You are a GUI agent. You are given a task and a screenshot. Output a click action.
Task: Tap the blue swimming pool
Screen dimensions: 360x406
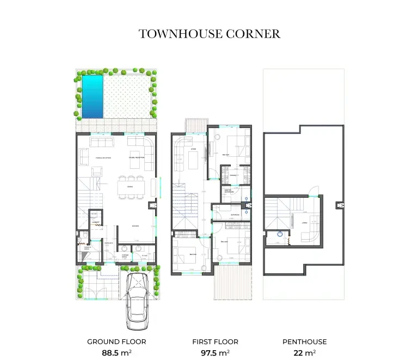(92, 96)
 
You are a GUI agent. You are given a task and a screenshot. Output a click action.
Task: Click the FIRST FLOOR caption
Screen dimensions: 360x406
(215, 342)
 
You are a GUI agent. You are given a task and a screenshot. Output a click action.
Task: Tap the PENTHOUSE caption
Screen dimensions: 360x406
(304, 342)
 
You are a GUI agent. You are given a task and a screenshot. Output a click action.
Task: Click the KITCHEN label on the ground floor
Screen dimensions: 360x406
(136, 226)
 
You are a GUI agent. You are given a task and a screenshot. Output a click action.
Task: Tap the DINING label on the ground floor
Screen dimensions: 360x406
(130, 187)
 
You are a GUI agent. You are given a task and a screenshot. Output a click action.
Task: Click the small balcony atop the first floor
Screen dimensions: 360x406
(195, 125)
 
